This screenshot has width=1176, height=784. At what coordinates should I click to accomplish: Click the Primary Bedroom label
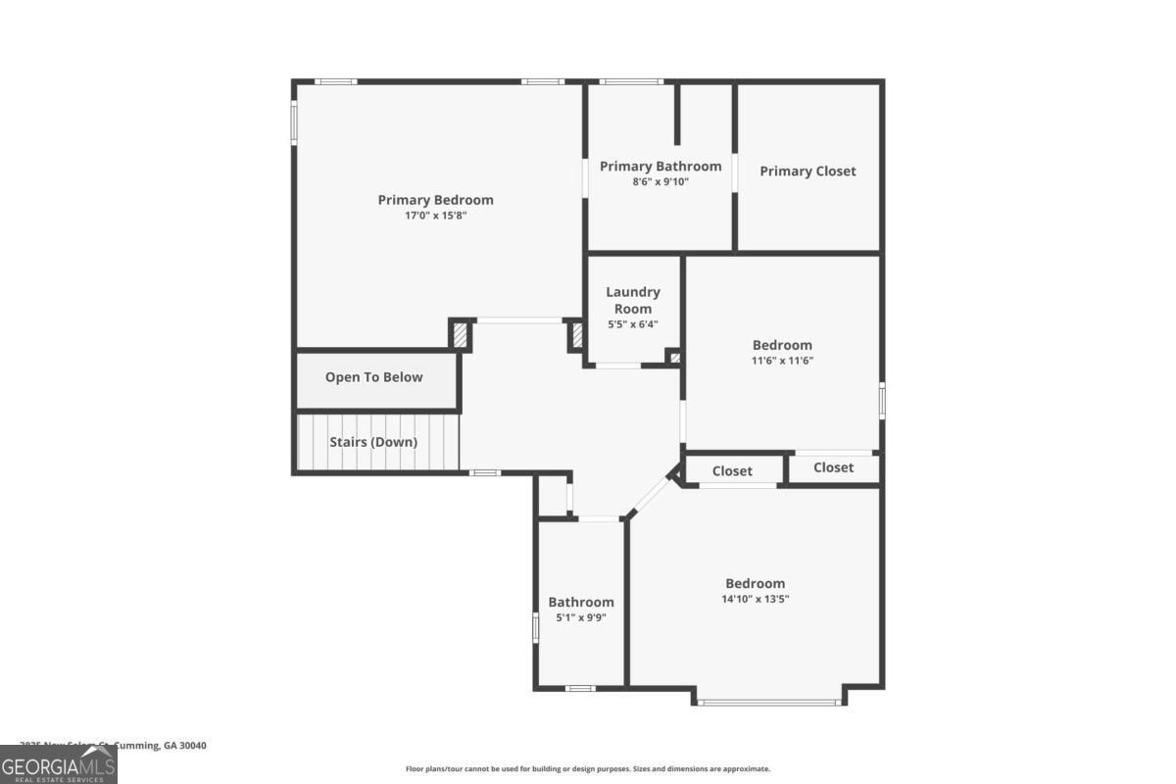tap(435, 200)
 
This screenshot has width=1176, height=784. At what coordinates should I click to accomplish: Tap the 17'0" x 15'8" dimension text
tap(435, 216)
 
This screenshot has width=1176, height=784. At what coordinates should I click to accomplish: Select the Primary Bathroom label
tap(661, 167)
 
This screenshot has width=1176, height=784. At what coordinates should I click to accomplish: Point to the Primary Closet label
tap(808, 171)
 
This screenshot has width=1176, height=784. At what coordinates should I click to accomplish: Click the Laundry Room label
tap(632, 300)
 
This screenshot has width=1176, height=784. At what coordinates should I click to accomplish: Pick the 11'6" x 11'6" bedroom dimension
tap(782, 361)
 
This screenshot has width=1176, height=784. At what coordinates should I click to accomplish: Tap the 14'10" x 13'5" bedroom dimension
tap(755, 598)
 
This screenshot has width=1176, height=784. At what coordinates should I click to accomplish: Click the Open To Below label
tap(373, 377)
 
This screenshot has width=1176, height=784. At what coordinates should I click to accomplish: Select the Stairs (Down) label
tap(372, 442)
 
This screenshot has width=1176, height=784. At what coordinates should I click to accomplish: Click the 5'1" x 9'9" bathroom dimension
tap(580, 617)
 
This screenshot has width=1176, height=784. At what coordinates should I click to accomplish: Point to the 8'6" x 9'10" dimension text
tap(661, 181)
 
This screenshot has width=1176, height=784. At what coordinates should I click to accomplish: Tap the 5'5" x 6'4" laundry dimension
tap(632, 324)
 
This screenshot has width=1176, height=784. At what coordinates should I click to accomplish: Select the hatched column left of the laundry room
tap(576, 336)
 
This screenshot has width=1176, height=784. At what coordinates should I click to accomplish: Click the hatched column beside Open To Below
tap(459, 335)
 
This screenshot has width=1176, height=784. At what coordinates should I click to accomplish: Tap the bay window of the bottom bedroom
tap(769, 702)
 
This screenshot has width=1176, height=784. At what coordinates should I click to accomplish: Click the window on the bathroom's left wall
tap(535, 627)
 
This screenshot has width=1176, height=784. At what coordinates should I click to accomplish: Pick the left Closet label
tap(732, 471)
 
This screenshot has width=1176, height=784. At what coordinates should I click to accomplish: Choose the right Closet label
tap(833, 467)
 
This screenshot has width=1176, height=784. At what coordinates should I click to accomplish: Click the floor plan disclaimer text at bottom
tap(588, 769)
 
